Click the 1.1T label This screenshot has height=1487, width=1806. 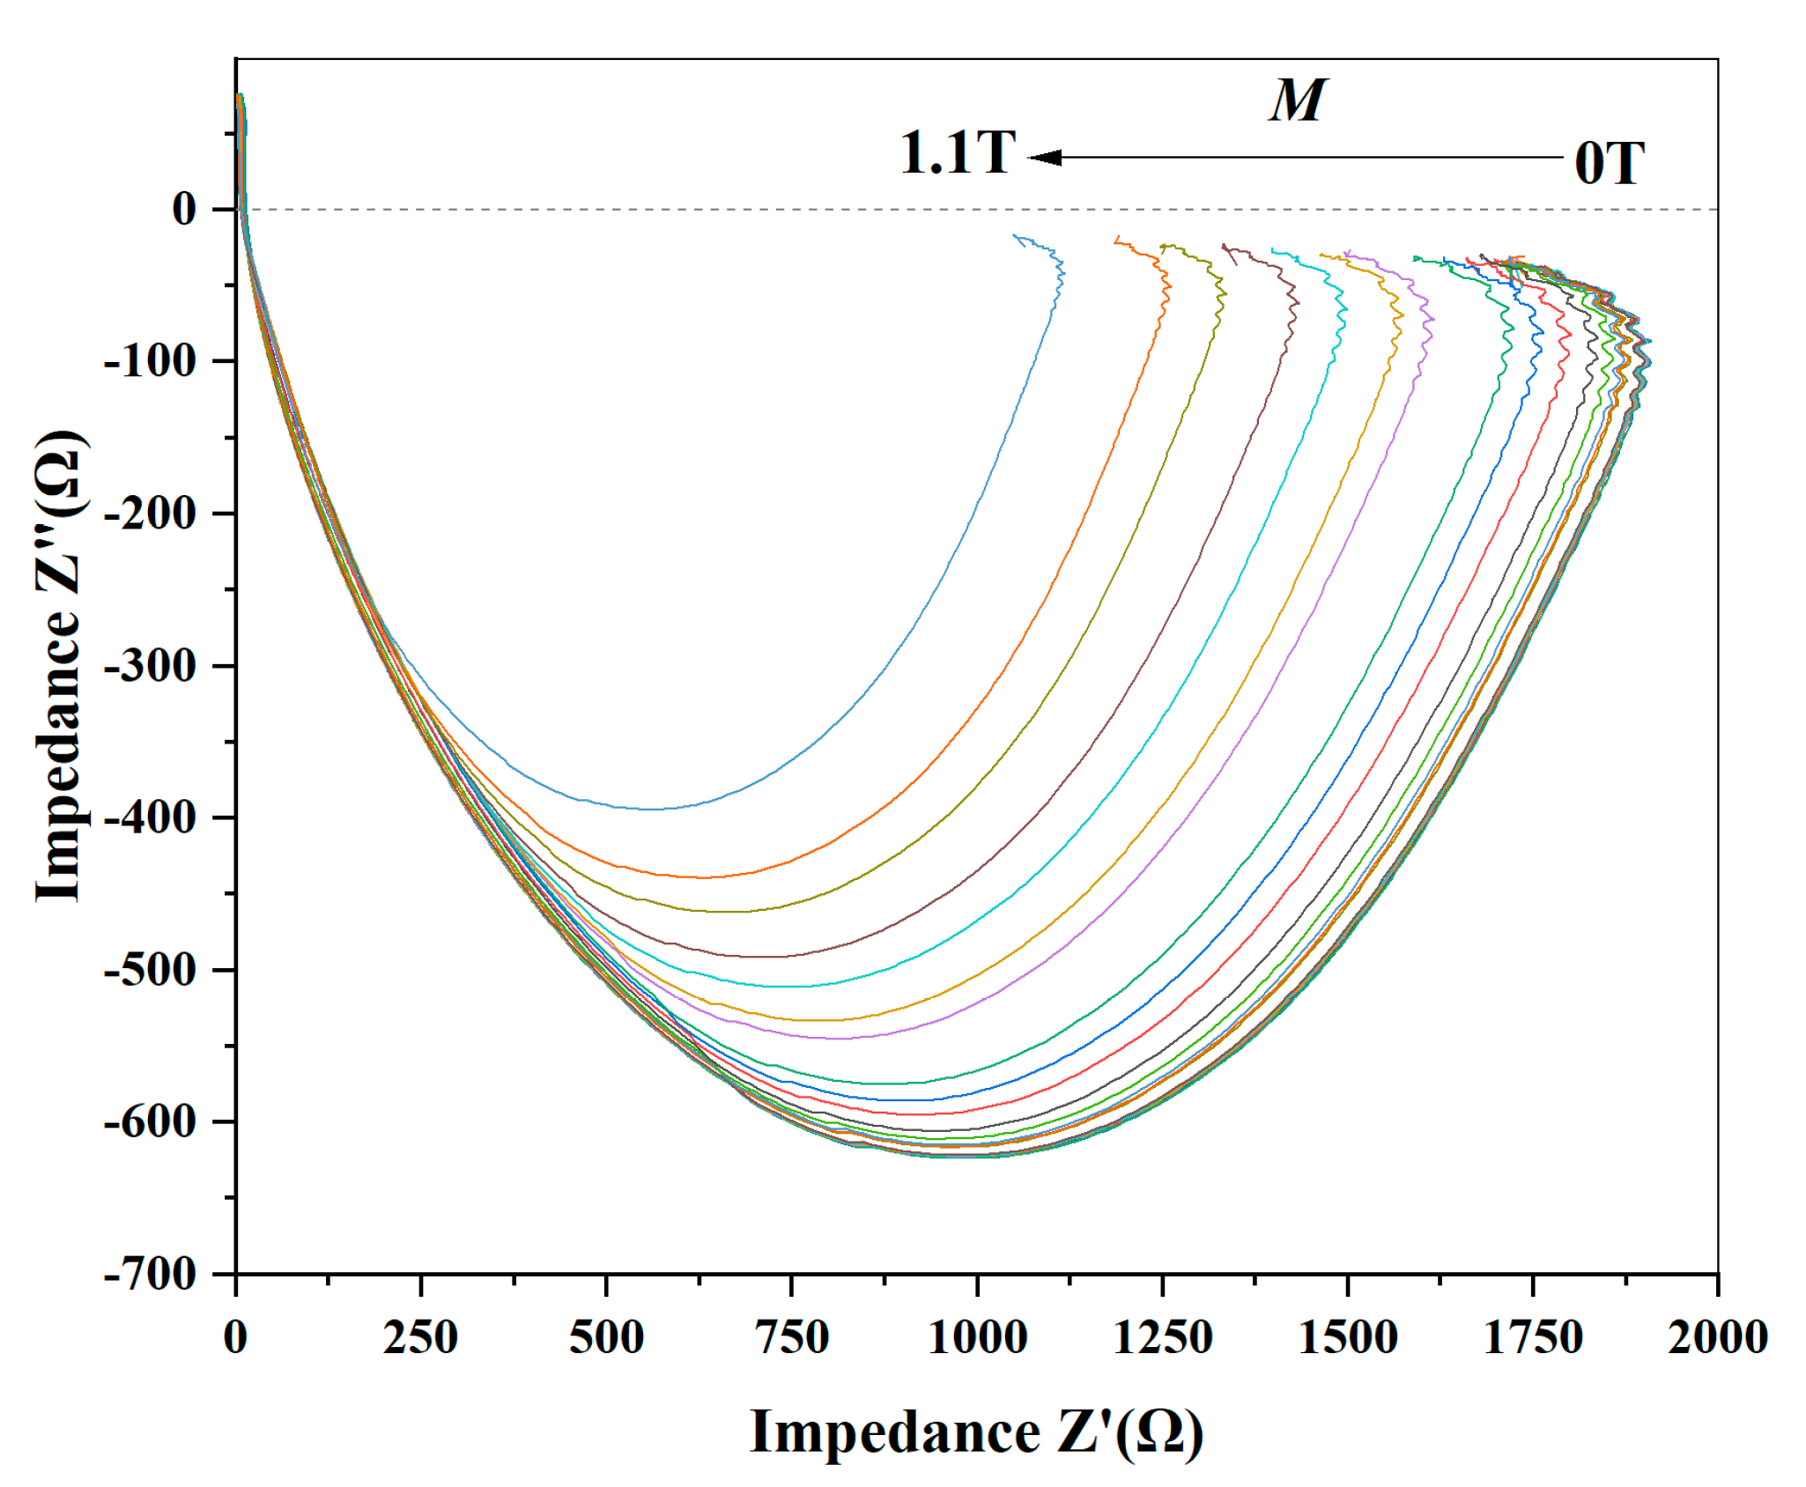point(958,153)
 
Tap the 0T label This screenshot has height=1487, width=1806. point(1609,164)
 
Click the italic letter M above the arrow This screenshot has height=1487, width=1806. point(1297,100)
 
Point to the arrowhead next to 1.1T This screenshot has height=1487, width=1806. point(1045,158)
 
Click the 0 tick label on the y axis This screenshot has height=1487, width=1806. point(184,210)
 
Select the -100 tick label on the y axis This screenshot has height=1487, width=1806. point(149,361)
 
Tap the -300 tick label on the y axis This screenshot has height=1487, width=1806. point(149,666)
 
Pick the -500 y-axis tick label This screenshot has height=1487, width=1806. point(149,970)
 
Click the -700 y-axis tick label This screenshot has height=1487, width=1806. point(149,1274)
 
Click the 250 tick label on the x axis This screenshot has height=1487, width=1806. point(420,1337)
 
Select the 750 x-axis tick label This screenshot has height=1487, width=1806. point(792,1337)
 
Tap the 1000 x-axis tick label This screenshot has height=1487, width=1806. point(977,1337)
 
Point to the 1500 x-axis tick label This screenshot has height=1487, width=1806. point(1348,1337)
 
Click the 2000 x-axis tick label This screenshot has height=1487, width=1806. point(1718,1337)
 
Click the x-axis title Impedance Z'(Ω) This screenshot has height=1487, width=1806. point(976,1432)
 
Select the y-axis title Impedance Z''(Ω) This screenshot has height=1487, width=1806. point(60,666)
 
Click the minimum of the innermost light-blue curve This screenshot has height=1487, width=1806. point(652,809)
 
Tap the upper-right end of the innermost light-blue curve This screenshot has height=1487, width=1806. point(1016,236)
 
